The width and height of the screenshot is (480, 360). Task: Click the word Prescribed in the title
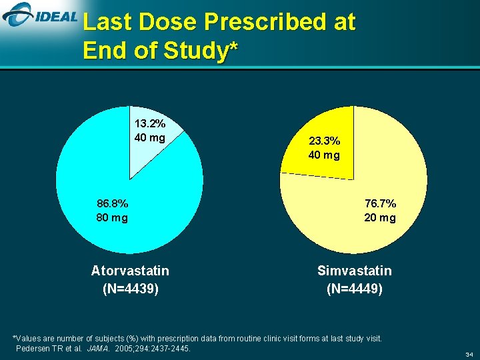(257, 23)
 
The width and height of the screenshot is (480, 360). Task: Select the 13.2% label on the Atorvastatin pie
(149, 123)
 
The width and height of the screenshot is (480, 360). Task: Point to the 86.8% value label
(112, 203)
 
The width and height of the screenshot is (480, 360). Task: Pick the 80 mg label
(112, 217)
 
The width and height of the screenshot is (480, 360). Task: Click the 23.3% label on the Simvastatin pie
(324, 141)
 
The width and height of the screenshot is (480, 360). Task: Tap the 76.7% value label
(380, 203)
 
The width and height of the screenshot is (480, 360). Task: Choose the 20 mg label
(380, 217)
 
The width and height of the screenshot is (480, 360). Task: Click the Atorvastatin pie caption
(130, 271)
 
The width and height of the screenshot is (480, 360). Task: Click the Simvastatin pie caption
(355, 271)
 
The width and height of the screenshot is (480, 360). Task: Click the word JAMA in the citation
(98, 349)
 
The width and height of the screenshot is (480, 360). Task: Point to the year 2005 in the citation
(124, 349)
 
